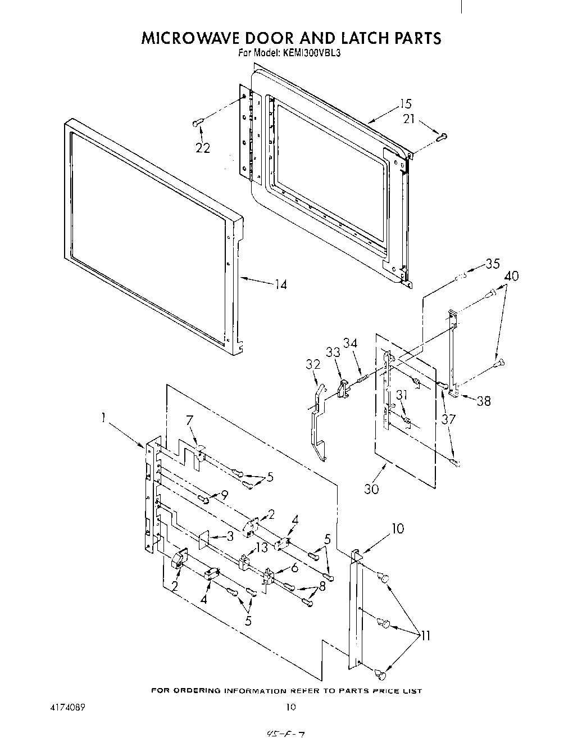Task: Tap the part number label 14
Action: [280, 285]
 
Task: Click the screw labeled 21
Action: [442, 135]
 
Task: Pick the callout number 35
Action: [492, 263]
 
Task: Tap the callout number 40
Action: [511, 276]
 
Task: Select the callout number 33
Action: [333, 352]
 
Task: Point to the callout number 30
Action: [371, 488]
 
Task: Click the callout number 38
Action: [483, 401]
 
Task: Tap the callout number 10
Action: [397, 528]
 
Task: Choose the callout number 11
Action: [425, 636]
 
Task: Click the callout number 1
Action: [103, 417]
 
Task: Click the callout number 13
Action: [262, 548]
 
